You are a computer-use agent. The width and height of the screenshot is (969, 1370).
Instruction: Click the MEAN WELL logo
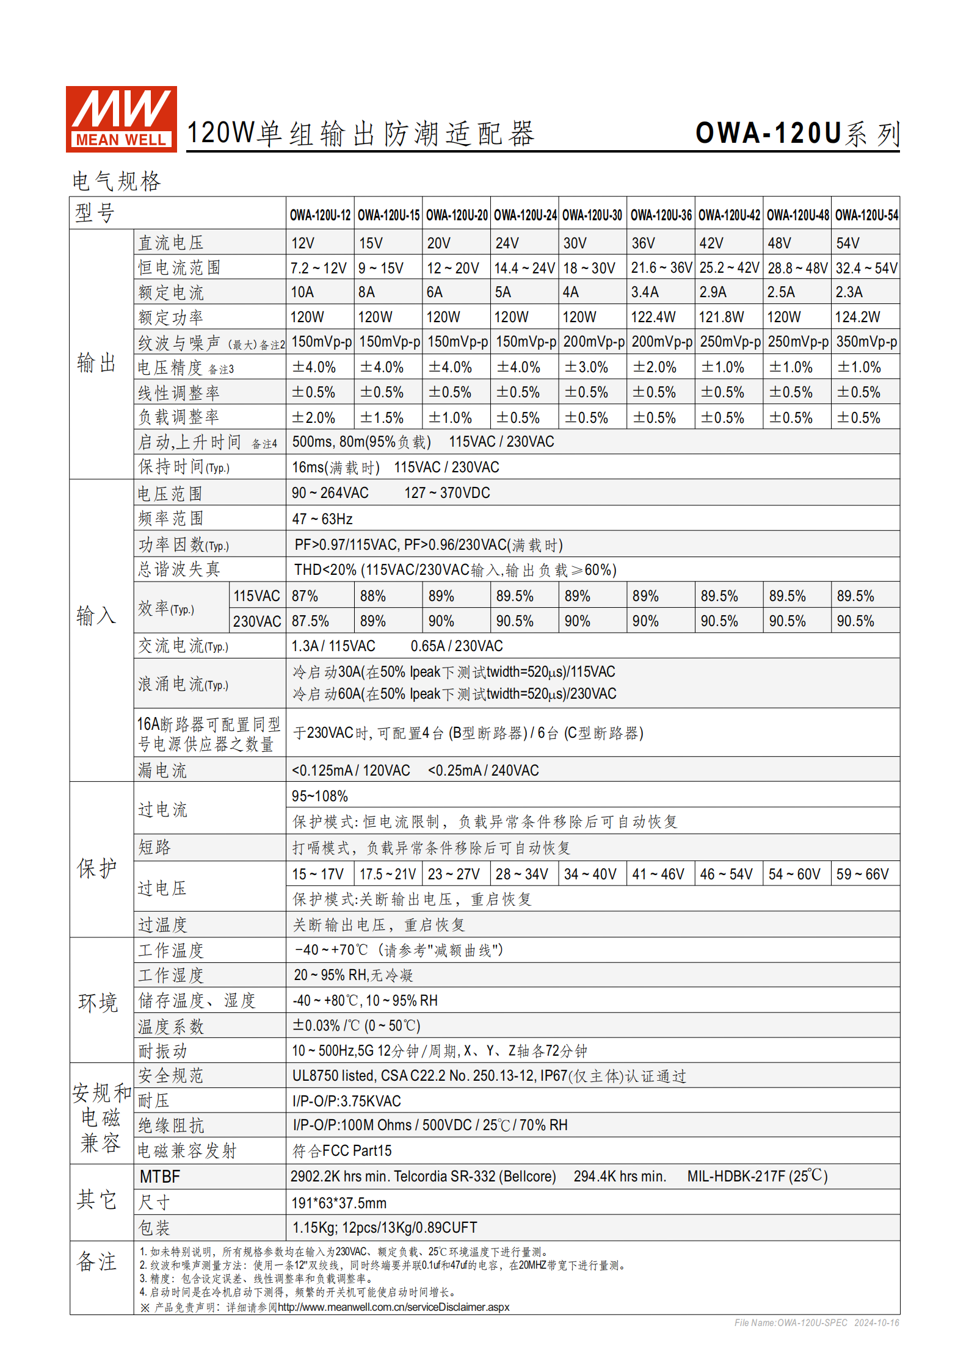tap(121, 119)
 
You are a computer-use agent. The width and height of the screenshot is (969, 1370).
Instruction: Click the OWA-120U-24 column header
tap(525, 215)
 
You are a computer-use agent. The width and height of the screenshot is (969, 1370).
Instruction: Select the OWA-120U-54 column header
tap(866, 215)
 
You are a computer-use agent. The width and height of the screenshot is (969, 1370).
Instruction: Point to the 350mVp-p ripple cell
tap(866, 342)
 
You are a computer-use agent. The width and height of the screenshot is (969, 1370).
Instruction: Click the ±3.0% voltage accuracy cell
tap(586, 367)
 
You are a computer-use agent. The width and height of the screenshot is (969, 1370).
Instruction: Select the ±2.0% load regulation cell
tap(313, 418)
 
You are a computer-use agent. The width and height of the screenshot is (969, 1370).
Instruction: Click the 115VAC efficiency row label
tap(256, 596)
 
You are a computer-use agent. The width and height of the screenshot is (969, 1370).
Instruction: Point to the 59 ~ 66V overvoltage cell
tap(862, 874)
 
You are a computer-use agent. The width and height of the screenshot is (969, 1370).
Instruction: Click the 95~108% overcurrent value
tap(319, 796)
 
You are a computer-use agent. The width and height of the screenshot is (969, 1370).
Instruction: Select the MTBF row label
tap(160, 1177)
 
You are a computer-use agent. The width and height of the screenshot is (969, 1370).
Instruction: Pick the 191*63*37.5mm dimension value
tap(339, 1203)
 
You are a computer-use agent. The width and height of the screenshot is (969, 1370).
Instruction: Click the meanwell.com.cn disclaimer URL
tap(393, 1307)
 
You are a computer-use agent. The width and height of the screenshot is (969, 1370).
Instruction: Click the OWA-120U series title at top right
tap(797, 133)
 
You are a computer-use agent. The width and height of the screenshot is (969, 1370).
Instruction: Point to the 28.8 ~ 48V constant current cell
tap(797, 268)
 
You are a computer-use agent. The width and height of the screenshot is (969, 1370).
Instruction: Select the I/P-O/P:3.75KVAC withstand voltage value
tap(346, 1101)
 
